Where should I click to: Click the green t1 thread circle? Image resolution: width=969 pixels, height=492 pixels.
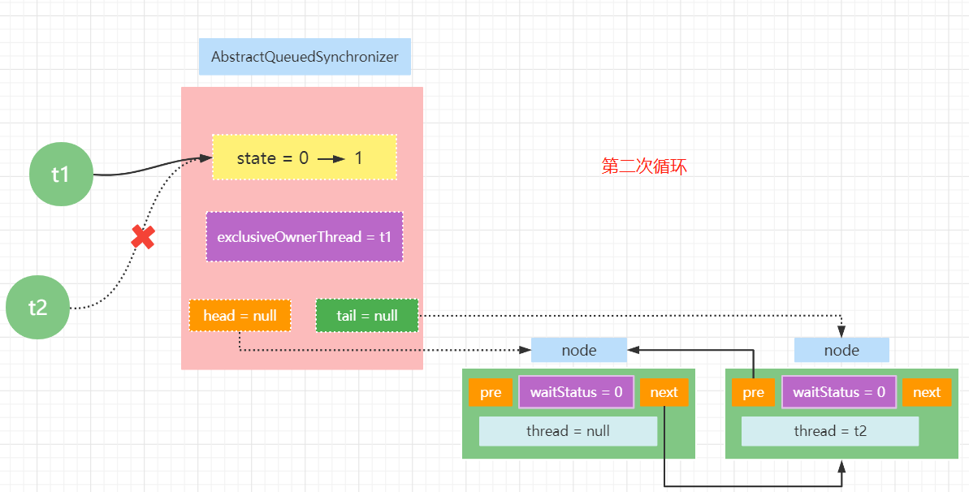point(61,175)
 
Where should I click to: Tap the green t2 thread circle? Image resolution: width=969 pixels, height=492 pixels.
point(37,307)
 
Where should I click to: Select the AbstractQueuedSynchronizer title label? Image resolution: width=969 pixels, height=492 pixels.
point(305,57)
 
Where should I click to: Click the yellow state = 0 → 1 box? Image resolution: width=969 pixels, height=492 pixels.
point(305,158)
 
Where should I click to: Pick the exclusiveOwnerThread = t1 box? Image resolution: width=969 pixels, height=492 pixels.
point(305,237)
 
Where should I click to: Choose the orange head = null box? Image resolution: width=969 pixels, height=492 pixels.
point(240,315)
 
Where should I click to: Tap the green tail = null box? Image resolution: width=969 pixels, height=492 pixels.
point(367,315)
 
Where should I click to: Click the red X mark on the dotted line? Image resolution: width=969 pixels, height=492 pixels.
point(143,237)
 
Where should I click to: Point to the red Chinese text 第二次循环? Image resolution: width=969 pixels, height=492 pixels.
point(644,166)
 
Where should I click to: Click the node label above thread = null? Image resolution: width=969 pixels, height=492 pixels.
point(579,351)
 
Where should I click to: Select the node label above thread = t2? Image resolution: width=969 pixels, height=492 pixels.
point(841,351)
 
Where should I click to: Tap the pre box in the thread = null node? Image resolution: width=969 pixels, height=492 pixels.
point(491,392)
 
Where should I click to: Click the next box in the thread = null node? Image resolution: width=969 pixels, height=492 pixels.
point(664,392)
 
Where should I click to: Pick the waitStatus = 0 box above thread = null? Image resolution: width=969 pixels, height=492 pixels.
point(577,392)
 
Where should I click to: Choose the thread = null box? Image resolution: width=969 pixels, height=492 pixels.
point(568,431)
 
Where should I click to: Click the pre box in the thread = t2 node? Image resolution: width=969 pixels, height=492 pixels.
point(753,392)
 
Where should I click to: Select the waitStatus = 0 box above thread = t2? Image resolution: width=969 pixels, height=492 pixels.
point(839,392)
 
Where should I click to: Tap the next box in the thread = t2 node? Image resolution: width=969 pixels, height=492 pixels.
point(927,392)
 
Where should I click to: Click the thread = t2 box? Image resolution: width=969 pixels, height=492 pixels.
point(831,431)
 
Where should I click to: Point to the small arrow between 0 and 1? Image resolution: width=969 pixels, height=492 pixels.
point(331,159)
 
